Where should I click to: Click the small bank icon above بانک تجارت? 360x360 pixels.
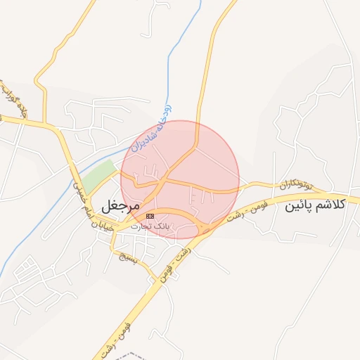tap(149, 216)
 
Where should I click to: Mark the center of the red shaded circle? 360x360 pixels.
tap(180, 179)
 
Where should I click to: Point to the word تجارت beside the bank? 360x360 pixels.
tap(141, 226)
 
